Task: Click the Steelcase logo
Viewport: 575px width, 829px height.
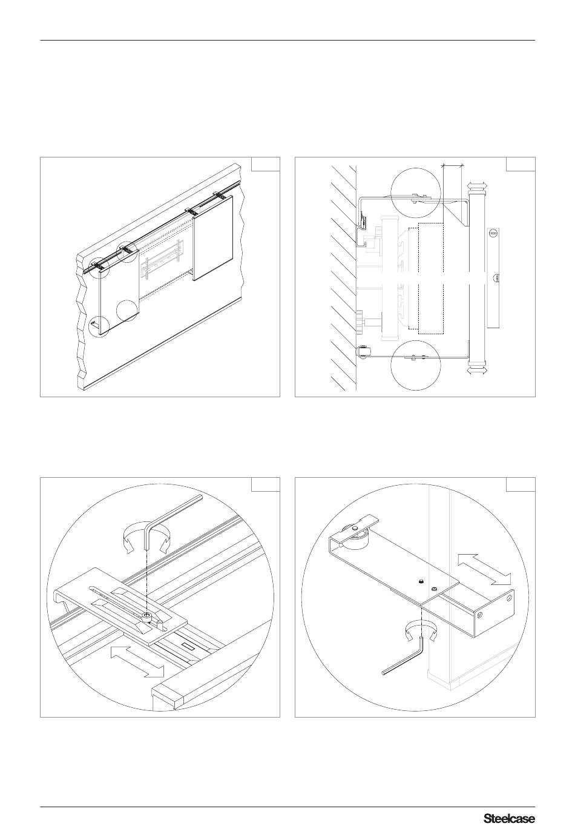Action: [x=510, y=815]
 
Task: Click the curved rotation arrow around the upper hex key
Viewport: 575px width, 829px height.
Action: [x=146, y=538]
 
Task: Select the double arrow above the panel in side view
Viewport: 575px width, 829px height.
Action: [x=477, y=185]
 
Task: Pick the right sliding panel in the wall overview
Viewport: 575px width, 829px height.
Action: [x=212, y=237]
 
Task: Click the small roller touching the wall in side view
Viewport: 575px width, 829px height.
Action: [x=363, y=351]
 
